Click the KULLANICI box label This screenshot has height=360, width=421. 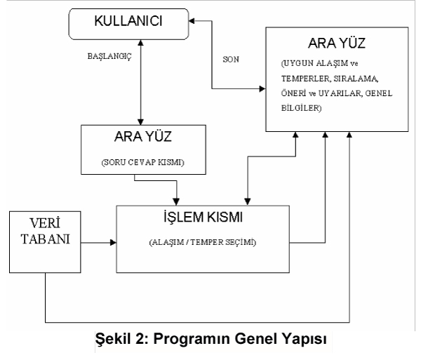128,21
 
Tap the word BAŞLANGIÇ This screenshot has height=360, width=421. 109,56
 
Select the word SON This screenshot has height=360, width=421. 231,60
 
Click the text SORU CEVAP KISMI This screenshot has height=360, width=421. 143,162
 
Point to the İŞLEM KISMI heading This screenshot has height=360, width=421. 203,217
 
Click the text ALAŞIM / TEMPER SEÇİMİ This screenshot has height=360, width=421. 203,242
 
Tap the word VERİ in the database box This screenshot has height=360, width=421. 45,223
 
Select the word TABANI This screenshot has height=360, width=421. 45,239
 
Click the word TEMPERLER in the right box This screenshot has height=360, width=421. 305,79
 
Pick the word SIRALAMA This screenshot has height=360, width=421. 356,79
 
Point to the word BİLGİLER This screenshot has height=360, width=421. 301,108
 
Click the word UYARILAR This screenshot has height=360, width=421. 340,93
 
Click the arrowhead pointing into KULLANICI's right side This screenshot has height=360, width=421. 192,21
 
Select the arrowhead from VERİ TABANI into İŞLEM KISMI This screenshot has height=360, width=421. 113,243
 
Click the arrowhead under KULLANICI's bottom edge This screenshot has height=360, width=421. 140,43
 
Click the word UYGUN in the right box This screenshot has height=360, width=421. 299,63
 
